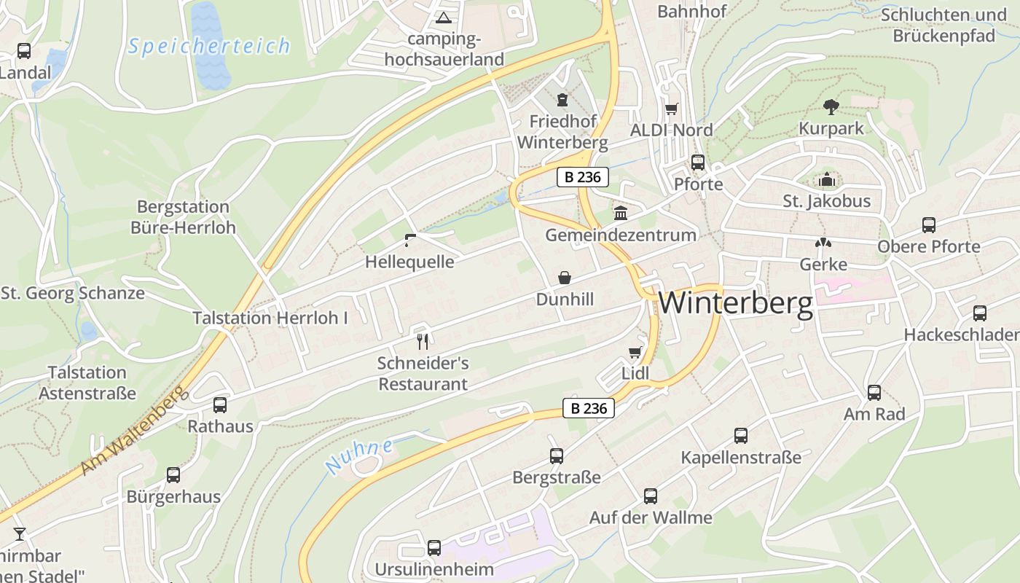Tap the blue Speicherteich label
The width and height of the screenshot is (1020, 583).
209,47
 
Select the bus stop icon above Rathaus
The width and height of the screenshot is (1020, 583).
220,405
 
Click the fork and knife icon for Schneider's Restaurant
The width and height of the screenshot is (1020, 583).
423,340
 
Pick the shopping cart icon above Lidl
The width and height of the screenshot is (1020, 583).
635,353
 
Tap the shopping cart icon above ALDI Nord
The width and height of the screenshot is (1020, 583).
671,109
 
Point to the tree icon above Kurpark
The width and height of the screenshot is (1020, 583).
831,107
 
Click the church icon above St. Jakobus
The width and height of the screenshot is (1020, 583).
827,179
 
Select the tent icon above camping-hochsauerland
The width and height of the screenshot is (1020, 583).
443,17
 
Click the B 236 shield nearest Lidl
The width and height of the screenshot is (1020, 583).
589,408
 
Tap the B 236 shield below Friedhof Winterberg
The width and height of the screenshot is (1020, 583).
583,177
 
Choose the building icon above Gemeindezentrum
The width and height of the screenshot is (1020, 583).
621,214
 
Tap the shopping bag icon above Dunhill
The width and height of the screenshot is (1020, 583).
565,278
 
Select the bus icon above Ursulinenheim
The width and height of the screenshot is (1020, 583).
434,547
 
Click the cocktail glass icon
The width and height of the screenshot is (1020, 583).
20,534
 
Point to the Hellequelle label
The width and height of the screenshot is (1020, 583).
409,262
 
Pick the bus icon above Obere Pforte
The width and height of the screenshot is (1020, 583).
929,225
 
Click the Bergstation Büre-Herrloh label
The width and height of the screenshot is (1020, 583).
183,217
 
